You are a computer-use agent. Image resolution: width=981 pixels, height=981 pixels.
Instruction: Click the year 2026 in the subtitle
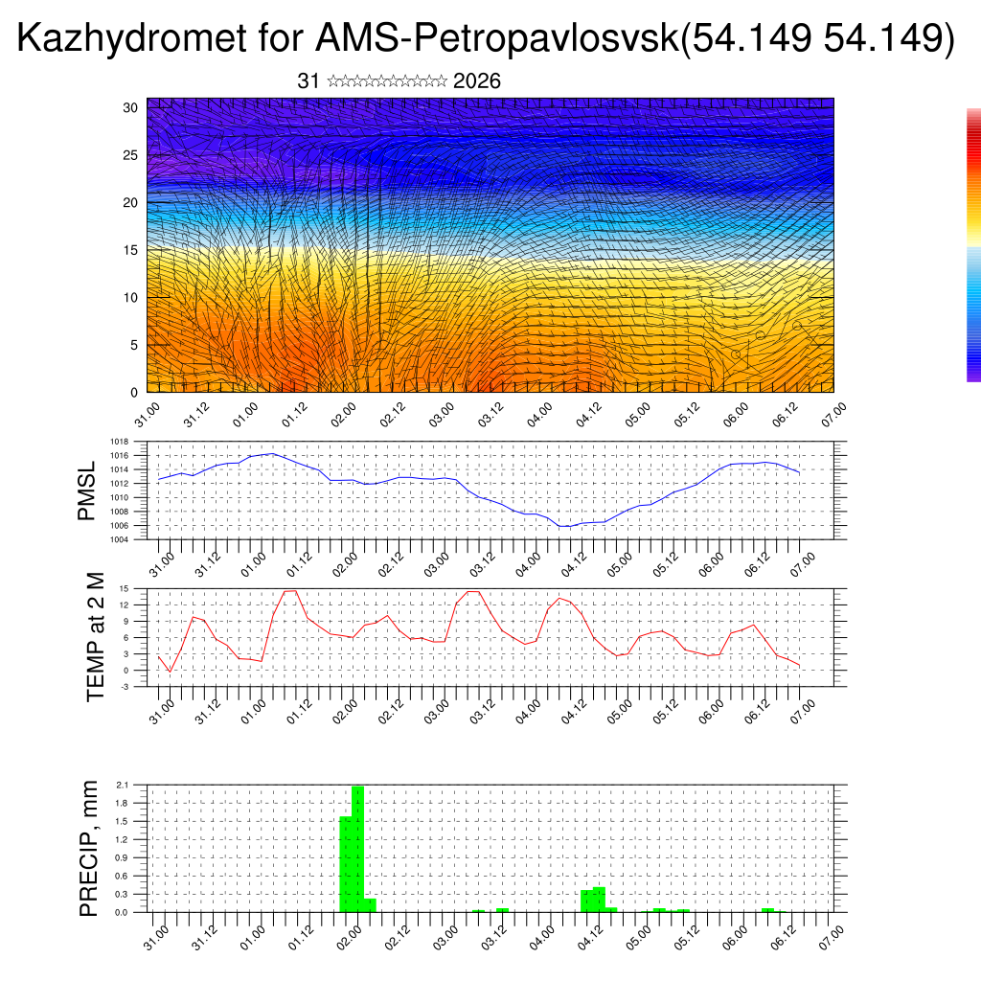pos(476,81)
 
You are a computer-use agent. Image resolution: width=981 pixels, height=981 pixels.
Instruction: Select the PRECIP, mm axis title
pos(89,849)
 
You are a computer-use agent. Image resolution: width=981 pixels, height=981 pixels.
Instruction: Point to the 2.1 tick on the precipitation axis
pos(122,785)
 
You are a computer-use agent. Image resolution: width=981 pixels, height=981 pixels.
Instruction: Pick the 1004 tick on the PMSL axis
pos(120,539)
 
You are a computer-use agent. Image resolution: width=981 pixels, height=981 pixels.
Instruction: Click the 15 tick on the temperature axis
pos(124,588)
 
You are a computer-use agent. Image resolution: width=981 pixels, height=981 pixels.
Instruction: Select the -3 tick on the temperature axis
pos(124,687)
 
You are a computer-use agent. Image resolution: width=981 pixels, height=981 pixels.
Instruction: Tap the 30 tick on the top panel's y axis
pos(130,107)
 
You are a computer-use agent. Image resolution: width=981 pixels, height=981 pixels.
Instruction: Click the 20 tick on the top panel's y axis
pos(130,202)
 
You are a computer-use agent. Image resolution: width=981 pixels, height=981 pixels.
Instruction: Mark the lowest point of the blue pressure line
pos(565,527)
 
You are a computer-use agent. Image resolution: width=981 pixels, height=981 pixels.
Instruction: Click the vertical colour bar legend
pos(973,244)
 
